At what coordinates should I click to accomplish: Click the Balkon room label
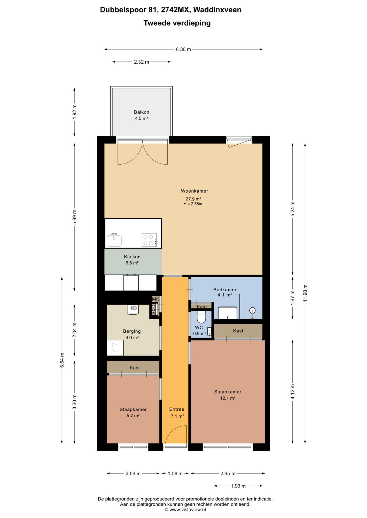141,112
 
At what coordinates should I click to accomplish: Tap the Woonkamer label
194,191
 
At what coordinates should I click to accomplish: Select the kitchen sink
114,240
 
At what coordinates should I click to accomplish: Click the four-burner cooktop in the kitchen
149,240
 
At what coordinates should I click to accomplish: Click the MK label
156,299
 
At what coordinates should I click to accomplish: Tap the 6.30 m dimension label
183,49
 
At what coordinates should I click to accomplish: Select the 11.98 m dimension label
305,293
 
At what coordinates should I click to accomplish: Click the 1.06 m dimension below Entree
175,473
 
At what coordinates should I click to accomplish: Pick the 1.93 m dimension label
238,486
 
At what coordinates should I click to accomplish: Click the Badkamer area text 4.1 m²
225,295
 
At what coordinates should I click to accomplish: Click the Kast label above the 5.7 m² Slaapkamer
135,368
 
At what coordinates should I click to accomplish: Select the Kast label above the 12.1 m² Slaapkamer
238,331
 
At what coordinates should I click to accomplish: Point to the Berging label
132,331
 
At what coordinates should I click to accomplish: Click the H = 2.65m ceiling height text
193,204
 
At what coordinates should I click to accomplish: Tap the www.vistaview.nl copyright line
185,510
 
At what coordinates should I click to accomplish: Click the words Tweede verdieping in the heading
177,23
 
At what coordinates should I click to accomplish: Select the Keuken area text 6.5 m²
132,263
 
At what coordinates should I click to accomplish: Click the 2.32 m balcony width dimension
142,62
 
